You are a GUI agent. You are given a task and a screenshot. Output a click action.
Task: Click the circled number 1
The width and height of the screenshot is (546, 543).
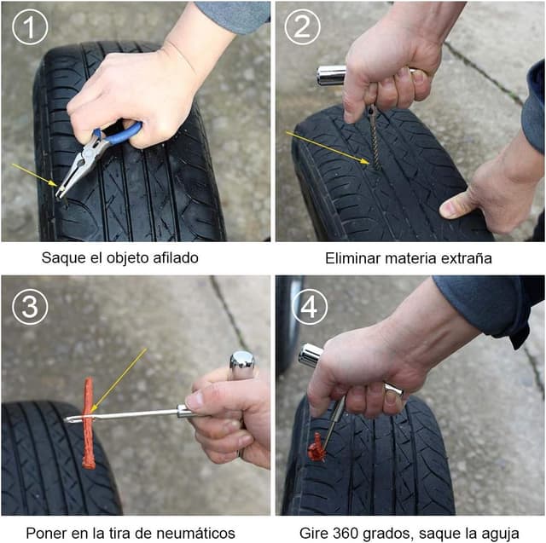pos(30,29)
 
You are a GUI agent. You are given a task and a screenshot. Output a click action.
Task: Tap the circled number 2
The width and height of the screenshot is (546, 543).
pos(302,29)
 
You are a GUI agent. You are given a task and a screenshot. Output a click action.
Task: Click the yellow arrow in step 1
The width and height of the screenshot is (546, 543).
pos(35,176)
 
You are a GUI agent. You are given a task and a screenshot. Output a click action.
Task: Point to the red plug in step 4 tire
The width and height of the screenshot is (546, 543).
pos(317,448)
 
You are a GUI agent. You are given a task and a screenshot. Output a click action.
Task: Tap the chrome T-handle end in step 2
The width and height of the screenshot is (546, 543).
pos(329,75)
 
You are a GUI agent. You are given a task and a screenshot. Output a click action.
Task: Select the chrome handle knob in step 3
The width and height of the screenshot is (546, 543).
pos(242,364)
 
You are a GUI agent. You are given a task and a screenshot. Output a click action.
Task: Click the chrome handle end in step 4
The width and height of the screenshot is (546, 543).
pos(310,355)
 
